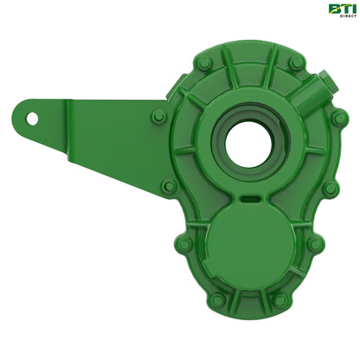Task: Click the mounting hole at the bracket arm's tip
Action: pyautogui.click(x=32, y=115)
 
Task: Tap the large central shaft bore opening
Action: pyautogui.click(x=249, y=144)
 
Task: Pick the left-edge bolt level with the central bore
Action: pyautogui.click(x=158, y=117)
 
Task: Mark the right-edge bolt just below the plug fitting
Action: pyautogui.click(x=340, y=117)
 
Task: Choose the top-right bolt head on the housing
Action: pyautogui.click(x=298, y=63)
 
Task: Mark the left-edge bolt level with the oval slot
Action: pyautogui.click(x=170, y=186)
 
